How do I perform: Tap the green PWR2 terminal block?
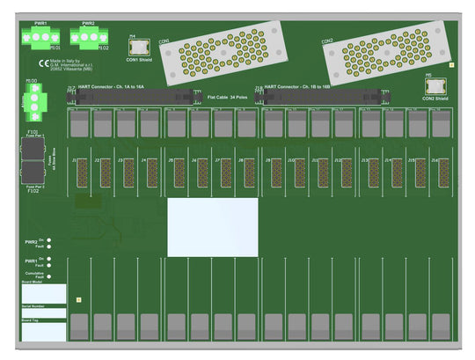(x=89, y=36)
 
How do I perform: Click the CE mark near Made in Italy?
(x=43, y=62)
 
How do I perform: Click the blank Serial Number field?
(x=44, y=313)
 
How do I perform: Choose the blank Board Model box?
(x=44, y=293)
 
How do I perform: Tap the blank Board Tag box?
(x=44, y=332)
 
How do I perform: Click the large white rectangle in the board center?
(x=213, y=227)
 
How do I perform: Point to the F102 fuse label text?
(x=33, y=191)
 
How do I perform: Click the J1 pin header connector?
(x=81, y=173)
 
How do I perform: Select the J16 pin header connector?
(x=444, y=173)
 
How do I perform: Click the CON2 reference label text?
(x=326, y=41)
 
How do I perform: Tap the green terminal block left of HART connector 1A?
(x=32, y=104)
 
